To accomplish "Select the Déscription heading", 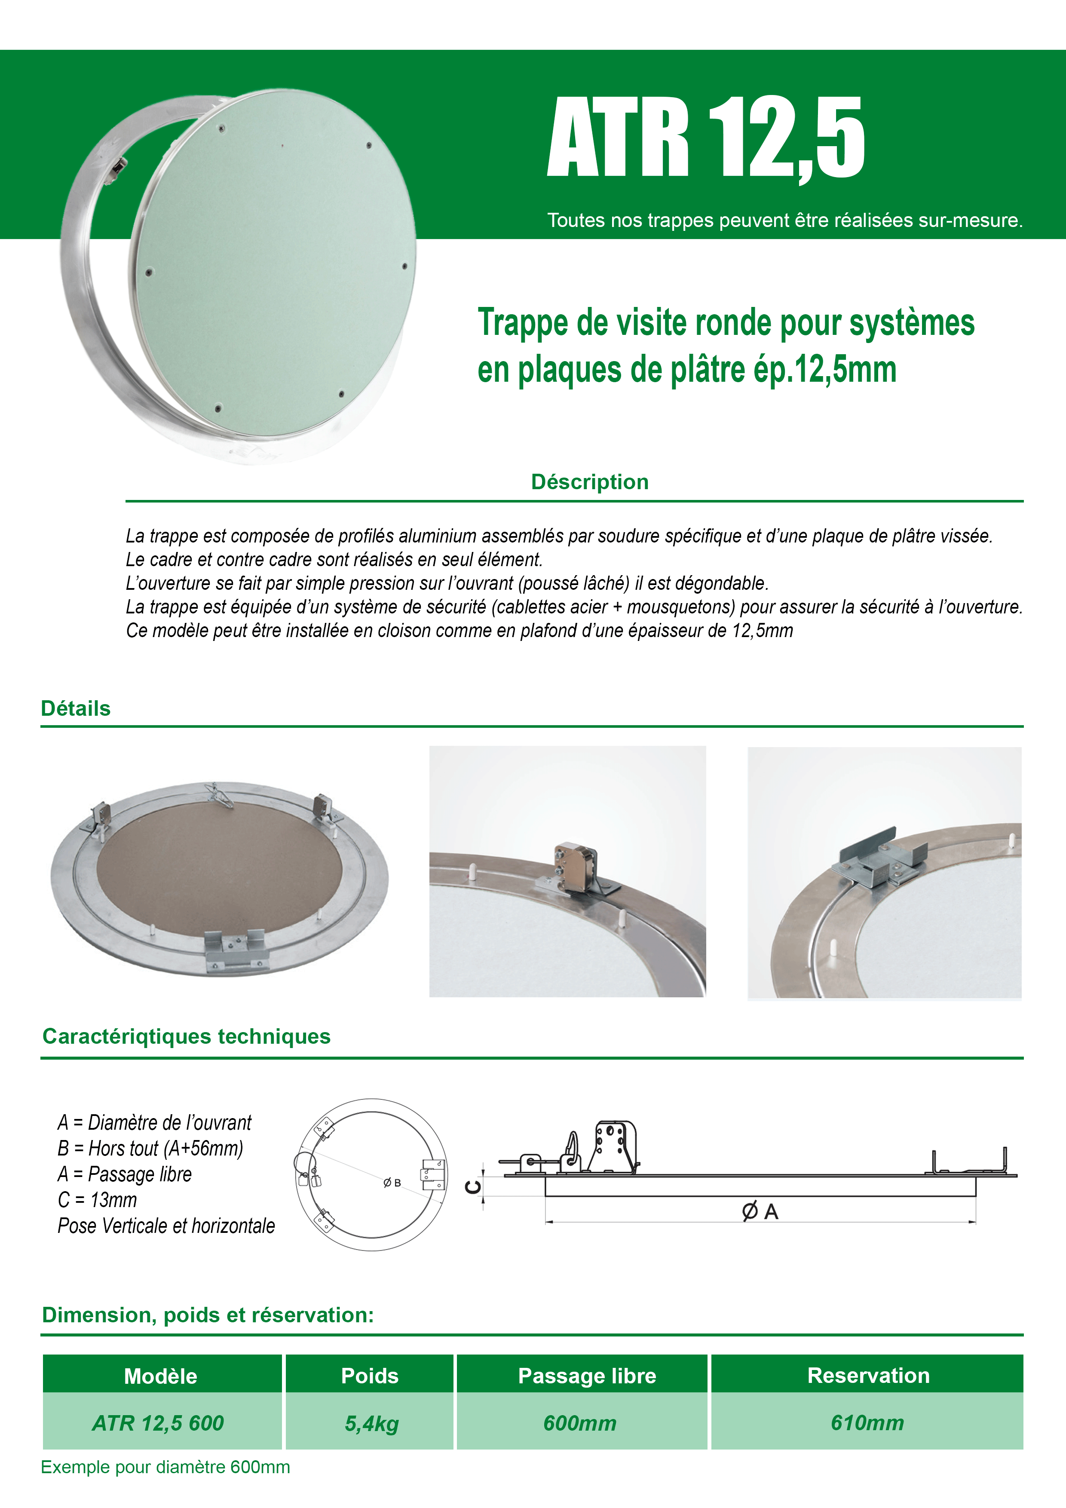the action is tap(590, 481).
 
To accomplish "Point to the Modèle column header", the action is tap(161, 1376).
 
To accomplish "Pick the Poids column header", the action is tap(370, 1376).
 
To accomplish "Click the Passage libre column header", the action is tap(587, 1376).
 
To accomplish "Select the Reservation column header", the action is tap(868, 1375).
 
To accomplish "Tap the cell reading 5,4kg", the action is tap(372, 1423).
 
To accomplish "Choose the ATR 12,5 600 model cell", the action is tap(158, 1422).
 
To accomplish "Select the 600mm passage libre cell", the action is tap(580, 1423).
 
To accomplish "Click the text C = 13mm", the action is tap(97, 1200).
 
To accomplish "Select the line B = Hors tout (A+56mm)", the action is tap(150, 1148).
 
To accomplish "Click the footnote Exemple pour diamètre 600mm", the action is tap(165, 1467).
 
